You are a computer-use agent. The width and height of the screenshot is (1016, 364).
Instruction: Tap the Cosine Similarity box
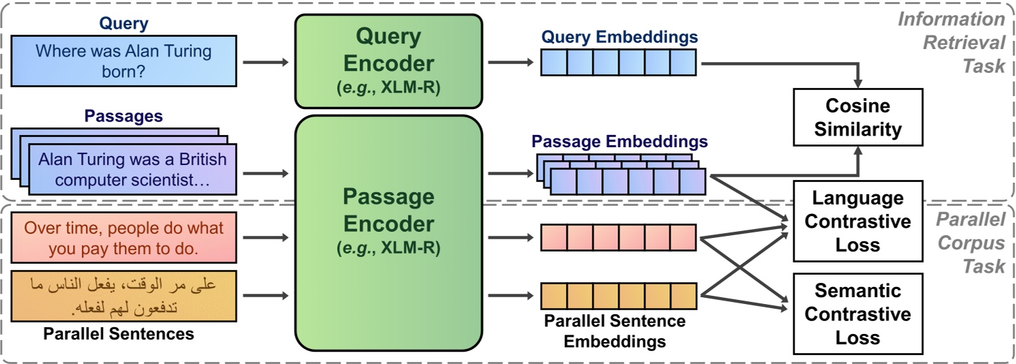point(858,117)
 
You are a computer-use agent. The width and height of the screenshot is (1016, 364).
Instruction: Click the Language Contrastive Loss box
point(858,222)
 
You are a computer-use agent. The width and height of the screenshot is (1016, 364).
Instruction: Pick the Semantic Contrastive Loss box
point(858,314)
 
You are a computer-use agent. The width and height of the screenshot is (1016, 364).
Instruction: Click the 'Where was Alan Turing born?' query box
point(123,61)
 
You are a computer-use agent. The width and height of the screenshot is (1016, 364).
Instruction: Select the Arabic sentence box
point(123,296)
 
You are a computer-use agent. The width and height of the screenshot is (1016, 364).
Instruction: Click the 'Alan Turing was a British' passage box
point(132,169)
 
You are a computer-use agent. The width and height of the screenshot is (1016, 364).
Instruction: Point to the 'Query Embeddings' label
point(619,37)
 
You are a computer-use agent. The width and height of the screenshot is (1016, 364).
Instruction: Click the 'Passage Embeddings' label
point(619,142)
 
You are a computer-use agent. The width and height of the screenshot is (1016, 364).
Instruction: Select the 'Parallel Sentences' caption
point(118,334)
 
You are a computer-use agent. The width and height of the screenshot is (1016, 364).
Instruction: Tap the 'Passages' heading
point(123,116)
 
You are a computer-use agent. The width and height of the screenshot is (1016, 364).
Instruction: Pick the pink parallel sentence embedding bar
point(619,237)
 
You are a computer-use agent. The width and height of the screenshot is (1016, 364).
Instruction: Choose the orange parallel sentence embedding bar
point(619,295)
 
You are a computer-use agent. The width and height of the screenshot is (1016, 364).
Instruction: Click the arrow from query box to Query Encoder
point(266,63)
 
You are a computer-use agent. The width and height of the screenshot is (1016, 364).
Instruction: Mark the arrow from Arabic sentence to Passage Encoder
point(266,296)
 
